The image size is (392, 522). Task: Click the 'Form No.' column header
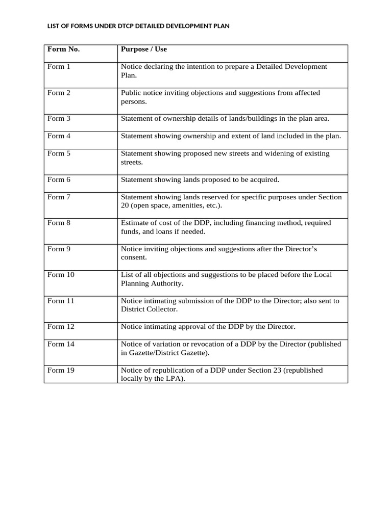(63, 49)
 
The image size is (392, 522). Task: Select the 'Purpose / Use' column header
(143, 49)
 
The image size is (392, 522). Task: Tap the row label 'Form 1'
(59, 67)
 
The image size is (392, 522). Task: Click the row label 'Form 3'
(59, 119)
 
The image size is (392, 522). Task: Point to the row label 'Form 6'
(59, 179)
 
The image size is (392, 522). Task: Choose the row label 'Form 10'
(61, 275)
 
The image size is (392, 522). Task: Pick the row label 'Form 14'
(61, 344)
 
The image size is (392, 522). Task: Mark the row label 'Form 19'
(61, 370)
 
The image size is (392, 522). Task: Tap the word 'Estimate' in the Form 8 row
(134, 223)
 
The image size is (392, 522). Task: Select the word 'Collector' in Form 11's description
(163, 309)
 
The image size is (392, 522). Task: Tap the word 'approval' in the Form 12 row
(191, 327)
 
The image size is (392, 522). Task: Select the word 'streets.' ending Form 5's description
(133, 163)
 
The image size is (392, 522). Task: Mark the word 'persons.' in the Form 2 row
(134, 101)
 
